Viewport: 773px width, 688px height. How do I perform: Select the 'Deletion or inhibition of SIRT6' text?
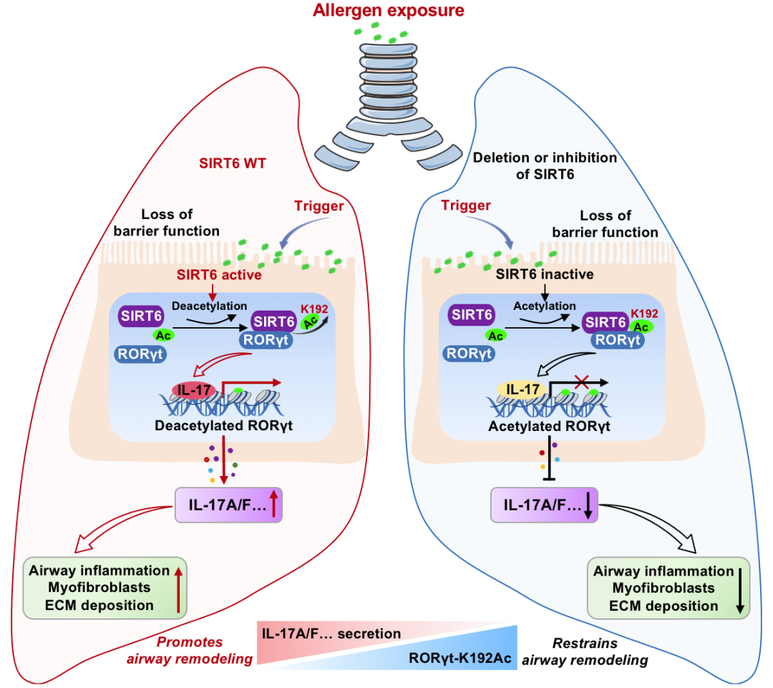[545, 165]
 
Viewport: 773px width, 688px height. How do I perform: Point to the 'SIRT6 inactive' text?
[545, 274]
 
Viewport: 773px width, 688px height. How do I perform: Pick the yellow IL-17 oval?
[522, 389]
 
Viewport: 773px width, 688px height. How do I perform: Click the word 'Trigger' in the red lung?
[319, 207]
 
